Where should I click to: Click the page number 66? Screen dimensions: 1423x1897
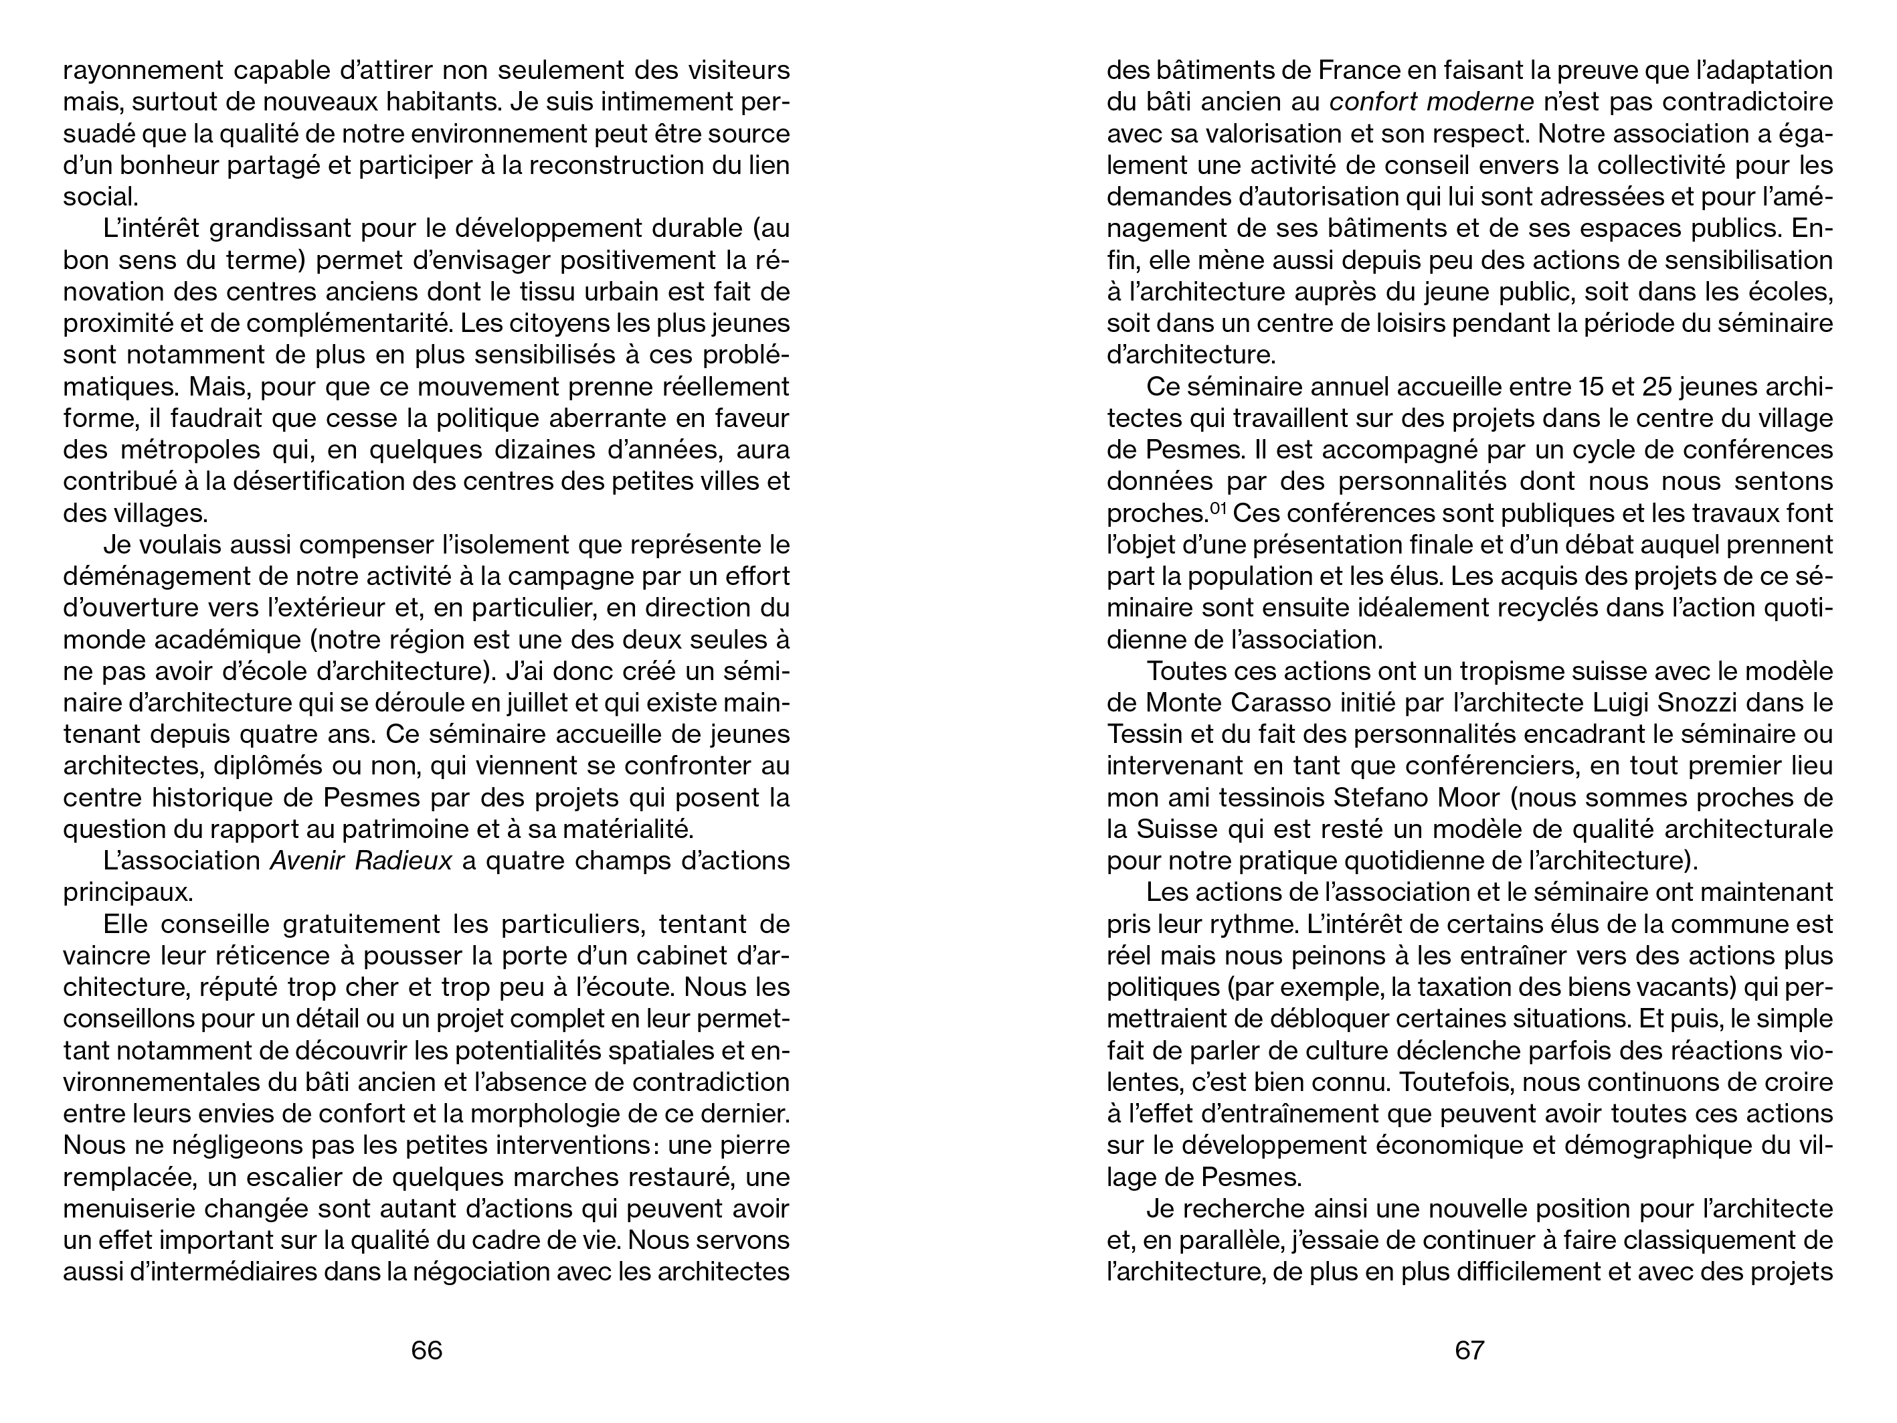[x=426, y=1350]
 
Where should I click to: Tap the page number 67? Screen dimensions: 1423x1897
[x=1469, y=1350]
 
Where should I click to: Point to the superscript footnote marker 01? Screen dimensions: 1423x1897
[x=1218, y=509]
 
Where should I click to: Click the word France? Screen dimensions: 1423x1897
[x=1305, y=70]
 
